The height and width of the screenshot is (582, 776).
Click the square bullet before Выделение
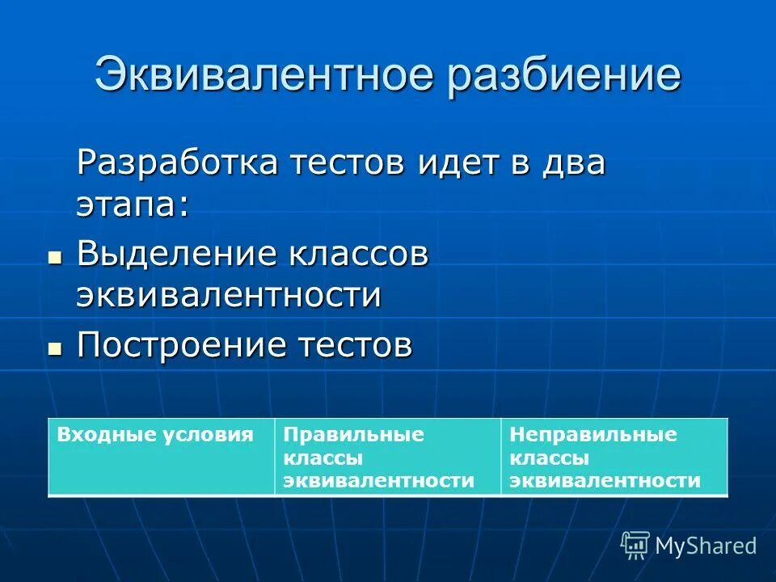click(55, 258)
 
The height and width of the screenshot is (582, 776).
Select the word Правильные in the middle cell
click(353, 434)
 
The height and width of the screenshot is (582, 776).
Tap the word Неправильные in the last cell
click(593, 434)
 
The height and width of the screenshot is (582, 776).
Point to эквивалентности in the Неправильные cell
click(605, 481)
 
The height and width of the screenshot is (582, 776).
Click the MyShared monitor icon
click(635, 545)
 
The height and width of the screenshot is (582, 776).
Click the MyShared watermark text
click(706, 546)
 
